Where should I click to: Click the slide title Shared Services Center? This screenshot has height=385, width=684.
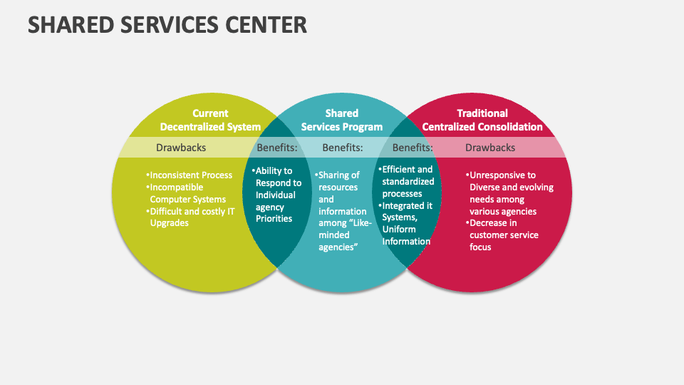[167, 25]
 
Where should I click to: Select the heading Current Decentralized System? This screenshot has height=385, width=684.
[210, 120]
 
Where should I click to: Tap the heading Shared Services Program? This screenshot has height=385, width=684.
[342, 120]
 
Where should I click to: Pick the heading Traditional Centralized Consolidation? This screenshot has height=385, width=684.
[482, 120]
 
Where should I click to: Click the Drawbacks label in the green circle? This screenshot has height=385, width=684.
[181, 148]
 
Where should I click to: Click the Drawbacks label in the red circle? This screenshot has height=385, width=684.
[490, 148]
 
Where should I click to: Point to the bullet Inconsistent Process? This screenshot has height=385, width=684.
[190, 175]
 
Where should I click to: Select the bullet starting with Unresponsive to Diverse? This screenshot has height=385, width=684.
[510, 193]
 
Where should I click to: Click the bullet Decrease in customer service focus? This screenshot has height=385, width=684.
[503, 235]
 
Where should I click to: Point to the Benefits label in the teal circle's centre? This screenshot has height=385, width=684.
[343, 148]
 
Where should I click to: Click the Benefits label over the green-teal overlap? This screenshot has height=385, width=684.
[276, 148]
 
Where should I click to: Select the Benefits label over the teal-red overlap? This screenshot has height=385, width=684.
[413, 148]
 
